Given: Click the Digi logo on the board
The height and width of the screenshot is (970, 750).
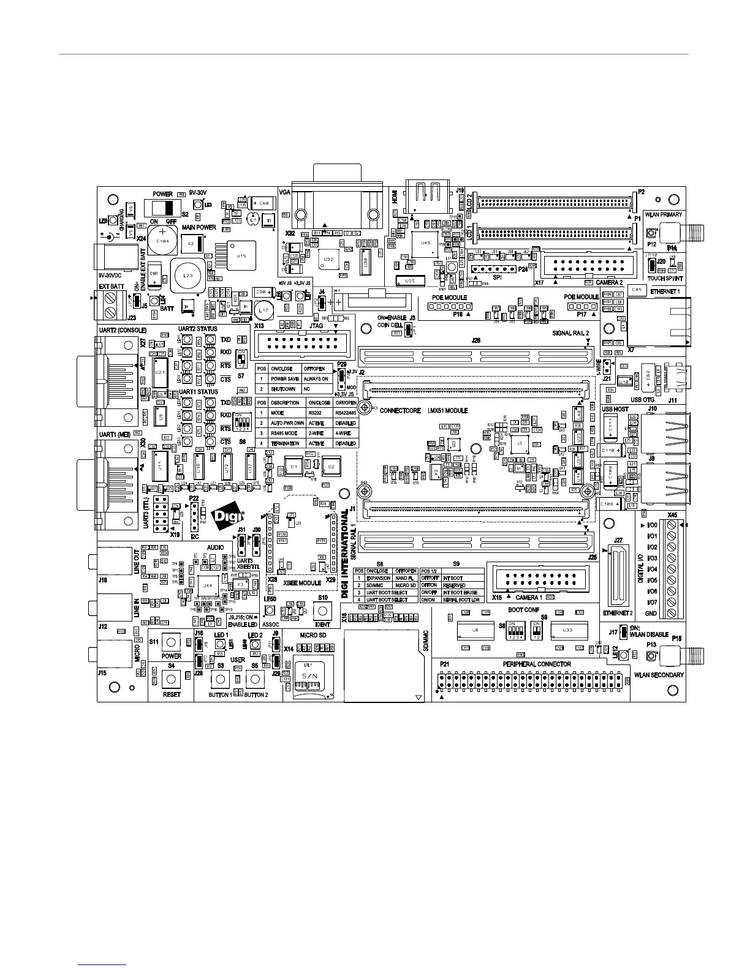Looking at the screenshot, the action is tap(228, 519).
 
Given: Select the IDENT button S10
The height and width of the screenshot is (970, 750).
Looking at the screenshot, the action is tap(322, 611).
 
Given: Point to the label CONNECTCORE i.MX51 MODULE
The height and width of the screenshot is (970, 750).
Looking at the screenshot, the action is tap(423, 410).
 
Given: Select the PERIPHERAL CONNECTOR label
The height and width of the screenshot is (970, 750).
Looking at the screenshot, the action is tap(537, 664).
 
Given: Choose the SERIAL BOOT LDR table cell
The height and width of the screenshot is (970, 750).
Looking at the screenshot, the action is tap(462, 600).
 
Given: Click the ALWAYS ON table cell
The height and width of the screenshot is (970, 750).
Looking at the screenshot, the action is tap(316, 379).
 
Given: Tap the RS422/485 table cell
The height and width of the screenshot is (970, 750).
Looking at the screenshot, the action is tap(346, 413).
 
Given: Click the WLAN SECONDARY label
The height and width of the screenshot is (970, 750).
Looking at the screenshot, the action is tap(659, 675).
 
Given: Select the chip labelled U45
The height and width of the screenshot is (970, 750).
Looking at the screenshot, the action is tap(424, 242).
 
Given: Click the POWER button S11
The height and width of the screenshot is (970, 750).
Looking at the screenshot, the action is tap(171, 642).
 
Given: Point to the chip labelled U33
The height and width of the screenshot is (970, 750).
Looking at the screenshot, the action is tap(567, 630).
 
